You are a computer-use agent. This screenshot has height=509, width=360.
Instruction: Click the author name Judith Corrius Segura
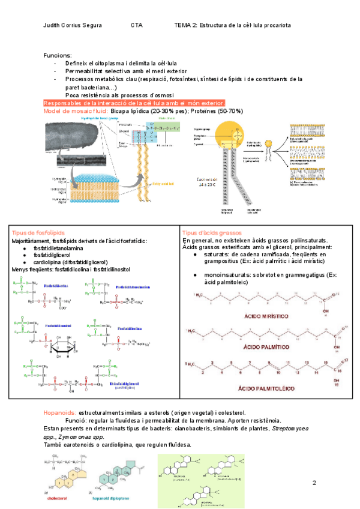point(73,26)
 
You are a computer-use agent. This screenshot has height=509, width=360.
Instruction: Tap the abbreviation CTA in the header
point(136,26)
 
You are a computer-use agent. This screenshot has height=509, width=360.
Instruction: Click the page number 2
point(314,483)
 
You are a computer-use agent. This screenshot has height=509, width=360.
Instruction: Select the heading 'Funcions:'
point(58,55)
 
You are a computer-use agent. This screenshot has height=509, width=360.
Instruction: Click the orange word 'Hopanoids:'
point(59,414)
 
